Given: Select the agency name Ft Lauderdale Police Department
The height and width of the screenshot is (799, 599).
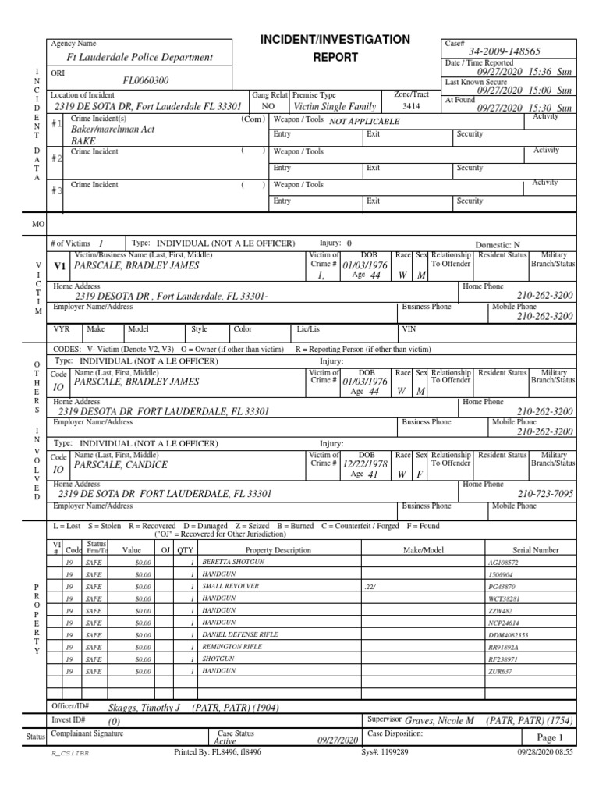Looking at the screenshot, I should (140, 57).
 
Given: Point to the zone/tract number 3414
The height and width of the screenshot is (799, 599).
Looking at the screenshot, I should (410, 106).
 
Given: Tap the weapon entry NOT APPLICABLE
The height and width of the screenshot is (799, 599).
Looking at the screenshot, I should (364, 122).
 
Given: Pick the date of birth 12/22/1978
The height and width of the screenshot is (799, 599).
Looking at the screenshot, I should (365, 463).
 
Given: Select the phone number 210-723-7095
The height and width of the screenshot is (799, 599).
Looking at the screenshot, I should (546, 494).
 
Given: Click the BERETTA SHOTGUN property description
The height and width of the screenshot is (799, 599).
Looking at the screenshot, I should (233, 562).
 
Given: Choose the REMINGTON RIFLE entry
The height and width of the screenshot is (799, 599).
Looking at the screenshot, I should (233, 647).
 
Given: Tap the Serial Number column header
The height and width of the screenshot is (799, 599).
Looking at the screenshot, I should (535, 549).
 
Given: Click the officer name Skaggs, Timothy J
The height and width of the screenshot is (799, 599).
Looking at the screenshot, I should (144, 708).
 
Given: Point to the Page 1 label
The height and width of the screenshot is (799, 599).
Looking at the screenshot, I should (549, 737).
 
